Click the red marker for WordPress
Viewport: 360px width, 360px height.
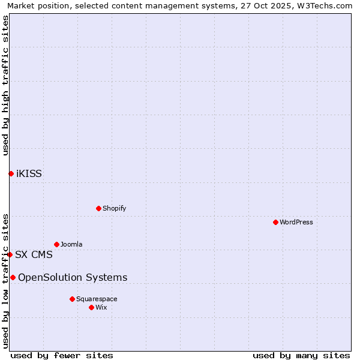275,222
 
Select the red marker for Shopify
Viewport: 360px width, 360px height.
98,208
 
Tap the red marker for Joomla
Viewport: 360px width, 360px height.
56,244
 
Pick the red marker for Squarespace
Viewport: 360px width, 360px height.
72,299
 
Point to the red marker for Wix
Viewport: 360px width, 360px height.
91,307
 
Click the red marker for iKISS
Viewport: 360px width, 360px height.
11,173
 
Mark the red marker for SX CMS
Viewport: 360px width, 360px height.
10,254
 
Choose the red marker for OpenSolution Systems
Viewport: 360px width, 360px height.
13,277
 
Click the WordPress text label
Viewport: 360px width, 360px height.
296,222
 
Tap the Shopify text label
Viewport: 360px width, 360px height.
114,208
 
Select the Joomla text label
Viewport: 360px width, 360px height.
71,244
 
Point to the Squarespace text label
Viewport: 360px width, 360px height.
97,299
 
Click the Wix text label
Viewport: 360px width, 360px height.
101,307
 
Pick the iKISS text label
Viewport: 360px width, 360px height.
29,174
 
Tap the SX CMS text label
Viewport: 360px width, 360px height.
34,254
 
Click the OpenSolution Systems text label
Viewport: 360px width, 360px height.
73,277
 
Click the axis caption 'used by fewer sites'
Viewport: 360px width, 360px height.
62,355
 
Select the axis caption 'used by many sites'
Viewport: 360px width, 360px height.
301,355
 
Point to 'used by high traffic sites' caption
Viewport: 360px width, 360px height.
5,85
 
